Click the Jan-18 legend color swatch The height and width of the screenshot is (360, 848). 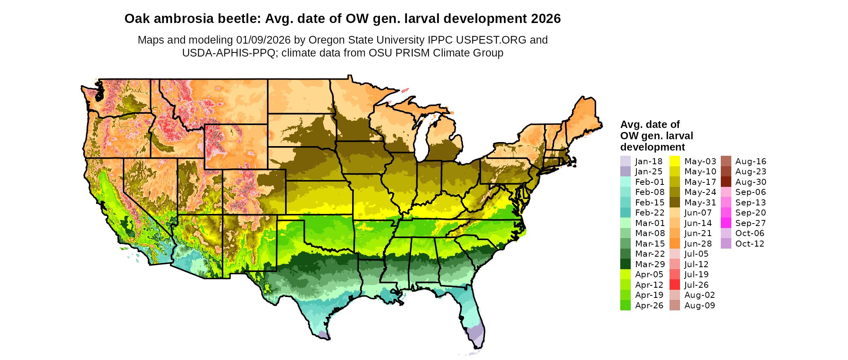(625, 161)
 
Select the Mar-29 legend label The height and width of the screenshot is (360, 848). (650, 264)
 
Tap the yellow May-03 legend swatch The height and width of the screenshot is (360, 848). (674, 161)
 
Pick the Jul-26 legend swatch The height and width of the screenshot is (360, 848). (674, 285)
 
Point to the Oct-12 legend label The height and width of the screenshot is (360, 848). (749, 244)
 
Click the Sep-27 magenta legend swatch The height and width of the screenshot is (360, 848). (726, 223)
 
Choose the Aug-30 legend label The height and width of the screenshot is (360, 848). (750, 182)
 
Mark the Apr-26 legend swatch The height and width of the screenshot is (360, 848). (625, 306)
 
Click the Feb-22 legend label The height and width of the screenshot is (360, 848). (650, 213)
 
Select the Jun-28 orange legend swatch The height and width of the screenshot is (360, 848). (674, 244)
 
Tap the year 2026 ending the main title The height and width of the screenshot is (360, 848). (546, 19)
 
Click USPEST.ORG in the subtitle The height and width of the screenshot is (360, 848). (491, 40)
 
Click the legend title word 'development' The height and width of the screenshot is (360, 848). (653, 147)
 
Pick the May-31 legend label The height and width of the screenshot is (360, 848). (700, 203)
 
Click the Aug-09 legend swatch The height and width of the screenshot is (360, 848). (674, 306)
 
